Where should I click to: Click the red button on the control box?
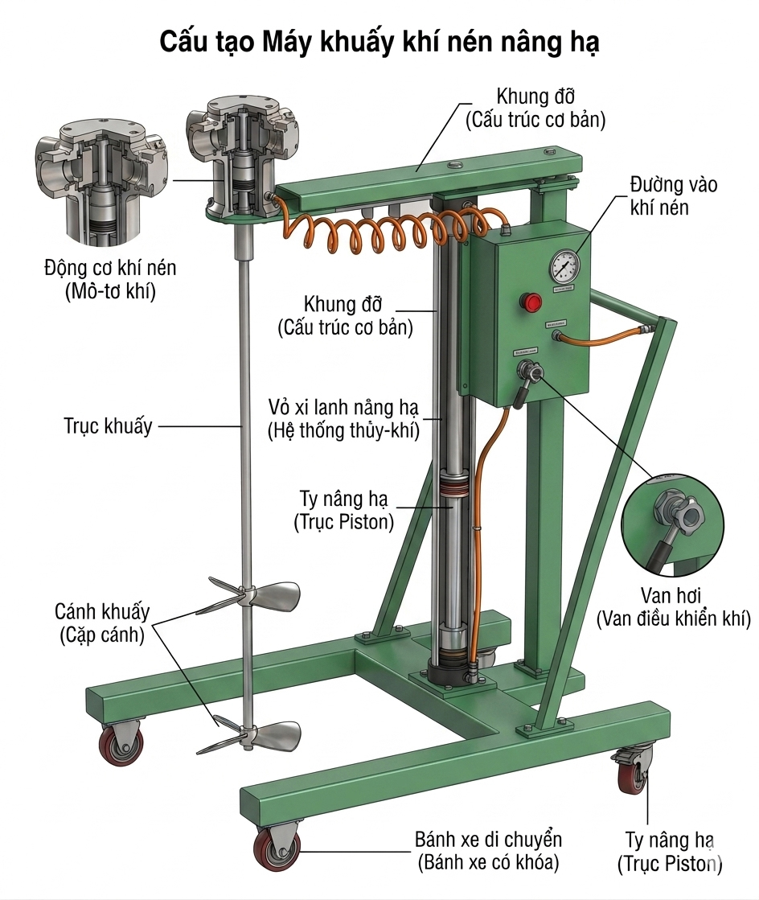pos(531,302)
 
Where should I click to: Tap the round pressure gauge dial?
pos(564,266)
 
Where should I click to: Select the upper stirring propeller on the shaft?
pos(249,597)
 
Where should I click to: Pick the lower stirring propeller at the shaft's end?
pos(249,735)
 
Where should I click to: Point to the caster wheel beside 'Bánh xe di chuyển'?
pos(277,849)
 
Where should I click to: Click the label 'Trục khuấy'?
pos(108,426)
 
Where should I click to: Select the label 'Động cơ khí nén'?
pos(110,268)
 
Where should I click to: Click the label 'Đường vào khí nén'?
pos(673,195)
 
